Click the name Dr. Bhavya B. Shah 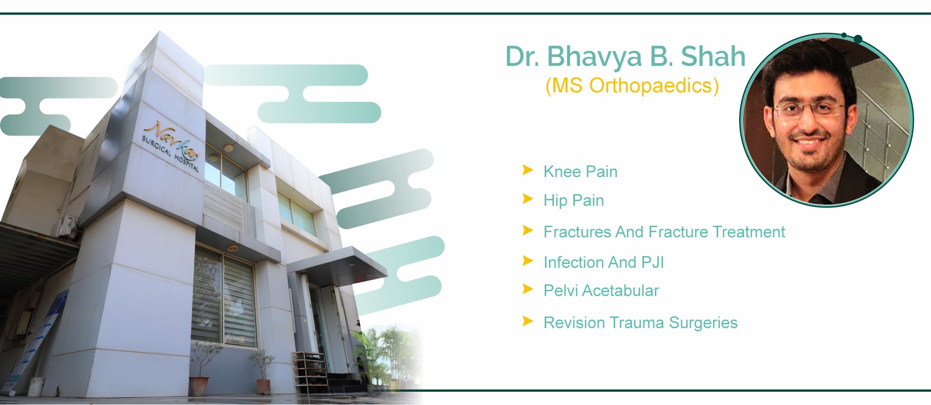[x=625, y=56]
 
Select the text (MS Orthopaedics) [x=632, y=85]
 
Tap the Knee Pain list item [x=580, y=172]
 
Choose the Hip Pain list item [x=573, y=200]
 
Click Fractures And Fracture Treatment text [x=663, y=232]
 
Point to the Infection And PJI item [x=603, y=262]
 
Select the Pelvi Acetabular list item [x=601, y=290]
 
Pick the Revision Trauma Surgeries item [x=640, y=323]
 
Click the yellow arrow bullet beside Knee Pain [x=527, y=170]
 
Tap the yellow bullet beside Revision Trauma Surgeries [x=527, y=321]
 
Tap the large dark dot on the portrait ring [x=858, y=39]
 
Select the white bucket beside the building [x=36, y=386]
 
